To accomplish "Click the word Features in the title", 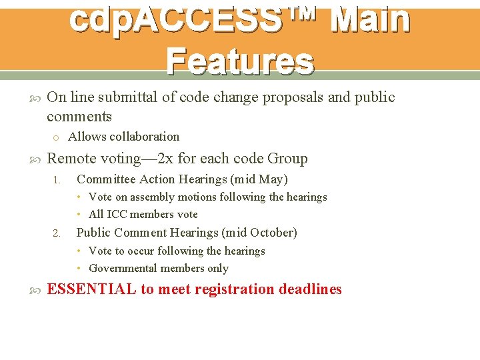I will (240, 61).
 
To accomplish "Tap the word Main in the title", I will (370, 19).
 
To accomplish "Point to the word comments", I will (79, 117).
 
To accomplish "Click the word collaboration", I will (145, 137).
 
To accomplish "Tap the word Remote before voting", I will (72, 159).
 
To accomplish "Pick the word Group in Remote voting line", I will (287, 159).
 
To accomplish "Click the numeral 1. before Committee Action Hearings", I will (57, 180).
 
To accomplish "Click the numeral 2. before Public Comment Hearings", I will (57, 233).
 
